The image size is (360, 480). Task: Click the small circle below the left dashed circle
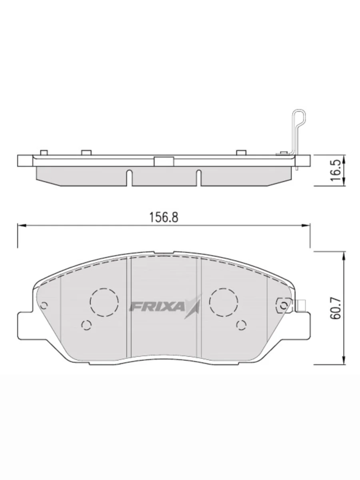tap(86, 325)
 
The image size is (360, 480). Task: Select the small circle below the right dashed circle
tap(241, 324)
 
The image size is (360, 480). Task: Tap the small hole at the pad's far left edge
tap(44, 305)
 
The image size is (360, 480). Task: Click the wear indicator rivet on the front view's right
tap(284, 306)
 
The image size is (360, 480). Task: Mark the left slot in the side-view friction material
tap(128, 178)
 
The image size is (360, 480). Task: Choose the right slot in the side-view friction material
tap(198, 178)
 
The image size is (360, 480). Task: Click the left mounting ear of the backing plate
tap(25, 326)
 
